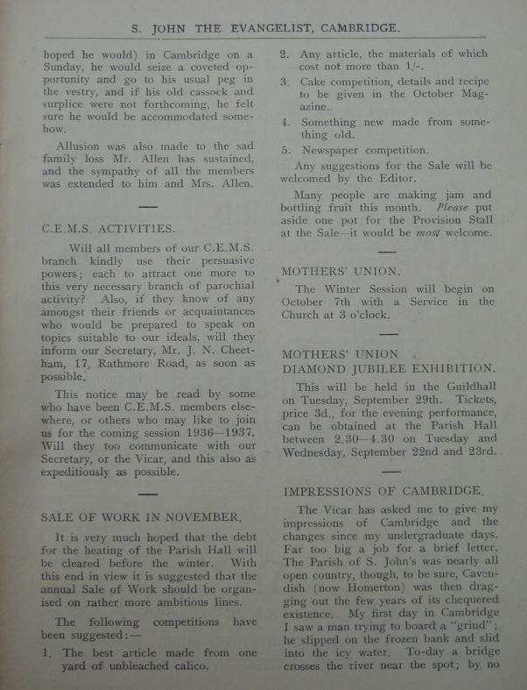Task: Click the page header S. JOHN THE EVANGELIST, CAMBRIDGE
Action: (x=266, y=28)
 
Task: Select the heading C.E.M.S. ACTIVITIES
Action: (x=109, y=227)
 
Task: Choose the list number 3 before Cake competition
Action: (x=285, y=82)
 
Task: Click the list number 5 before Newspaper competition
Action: (x=285, y=150)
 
